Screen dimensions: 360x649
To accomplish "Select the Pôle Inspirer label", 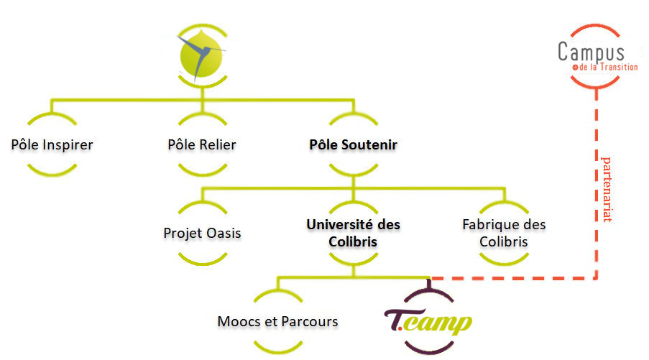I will pyautogui.click(x=52, y=144).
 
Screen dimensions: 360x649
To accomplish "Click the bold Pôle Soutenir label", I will pyautogui.click(x=353, y=144).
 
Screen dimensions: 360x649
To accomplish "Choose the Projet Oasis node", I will pyautogui.click(x=202, y=233).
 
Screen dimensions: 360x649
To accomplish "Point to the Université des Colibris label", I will pyautogui.click(x=353, y=233).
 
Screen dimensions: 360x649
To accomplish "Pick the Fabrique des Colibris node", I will pyautogui.click(x=504, y=233).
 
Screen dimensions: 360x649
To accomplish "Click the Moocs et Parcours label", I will pyautogui.click(x=277, y=321).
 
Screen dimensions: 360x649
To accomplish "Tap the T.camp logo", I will pyautogui.click(x=428, y=320).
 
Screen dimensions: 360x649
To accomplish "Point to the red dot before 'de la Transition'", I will pyautogui.click(x=575, y=68).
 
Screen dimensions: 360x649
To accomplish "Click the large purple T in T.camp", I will pyautogui.click(x=395, y=318).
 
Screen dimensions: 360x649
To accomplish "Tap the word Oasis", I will pyautogui.click(x=222, y=233).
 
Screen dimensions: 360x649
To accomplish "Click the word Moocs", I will pyautogui.click(x=238, y=321).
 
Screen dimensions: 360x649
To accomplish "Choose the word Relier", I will pyautogui.click(x=217, y=144).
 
